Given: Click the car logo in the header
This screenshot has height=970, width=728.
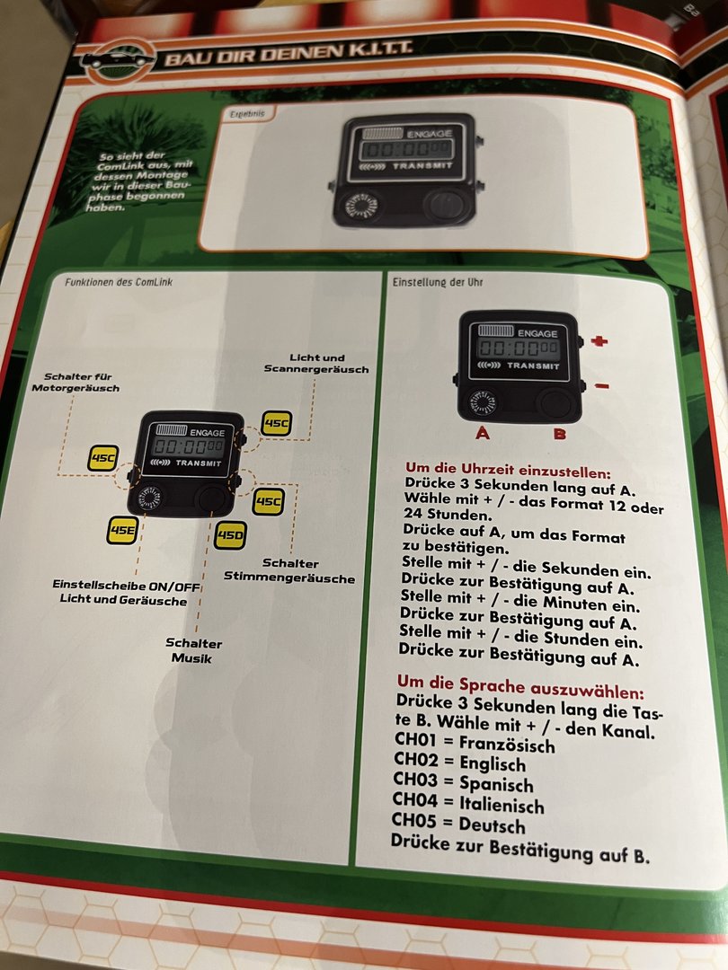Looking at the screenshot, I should click(x=118, y=61).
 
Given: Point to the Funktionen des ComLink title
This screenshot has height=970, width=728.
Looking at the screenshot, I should click(x=118, y=282).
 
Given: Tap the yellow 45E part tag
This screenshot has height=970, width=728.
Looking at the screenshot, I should click(x=122, y=530).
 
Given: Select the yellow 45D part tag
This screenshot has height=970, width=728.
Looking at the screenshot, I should click(x=230, y=537).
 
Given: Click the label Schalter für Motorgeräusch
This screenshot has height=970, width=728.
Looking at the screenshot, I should click(x=75, y=382).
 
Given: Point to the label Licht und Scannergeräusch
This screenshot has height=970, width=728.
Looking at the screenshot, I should click(x=316, y=363).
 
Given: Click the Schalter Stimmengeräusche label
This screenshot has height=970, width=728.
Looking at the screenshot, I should click(x=289, y=569).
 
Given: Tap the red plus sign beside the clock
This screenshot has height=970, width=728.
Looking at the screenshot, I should click(x=599, y=341).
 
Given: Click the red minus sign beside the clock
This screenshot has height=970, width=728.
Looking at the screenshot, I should click(x=601, y=386).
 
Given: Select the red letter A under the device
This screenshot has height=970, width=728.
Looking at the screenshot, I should click(x=483, y=433).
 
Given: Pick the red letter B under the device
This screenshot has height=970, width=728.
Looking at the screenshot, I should click(x=559, y=435).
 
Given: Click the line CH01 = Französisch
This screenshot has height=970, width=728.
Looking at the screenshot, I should click(x=474, y=745).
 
